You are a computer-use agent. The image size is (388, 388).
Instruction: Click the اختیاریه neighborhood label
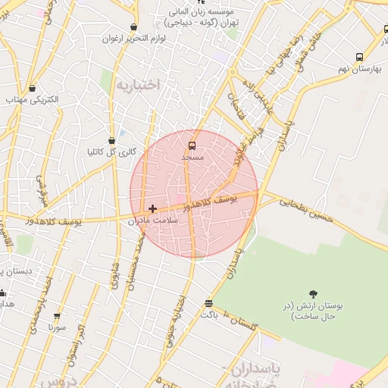tap(138, 84)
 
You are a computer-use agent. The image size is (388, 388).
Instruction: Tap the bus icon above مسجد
tap(192, 144)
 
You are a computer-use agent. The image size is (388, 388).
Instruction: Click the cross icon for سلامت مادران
tap(153, 208)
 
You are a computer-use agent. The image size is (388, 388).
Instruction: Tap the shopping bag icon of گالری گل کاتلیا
tap(112, 139)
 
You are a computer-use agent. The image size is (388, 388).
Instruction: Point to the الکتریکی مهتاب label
tap(27, 100)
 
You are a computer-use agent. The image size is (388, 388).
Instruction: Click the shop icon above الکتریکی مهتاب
tap(32, 88)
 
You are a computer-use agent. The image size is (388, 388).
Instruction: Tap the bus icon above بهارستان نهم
tap(359, 57)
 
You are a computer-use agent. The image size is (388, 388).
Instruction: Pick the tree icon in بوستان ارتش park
tap(313, 293)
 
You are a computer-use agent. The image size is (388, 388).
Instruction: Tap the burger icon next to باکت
tap(208, 304)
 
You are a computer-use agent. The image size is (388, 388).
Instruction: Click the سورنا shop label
tap(57, 328)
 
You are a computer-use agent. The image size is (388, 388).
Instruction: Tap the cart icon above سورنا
tap(57, 316)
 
